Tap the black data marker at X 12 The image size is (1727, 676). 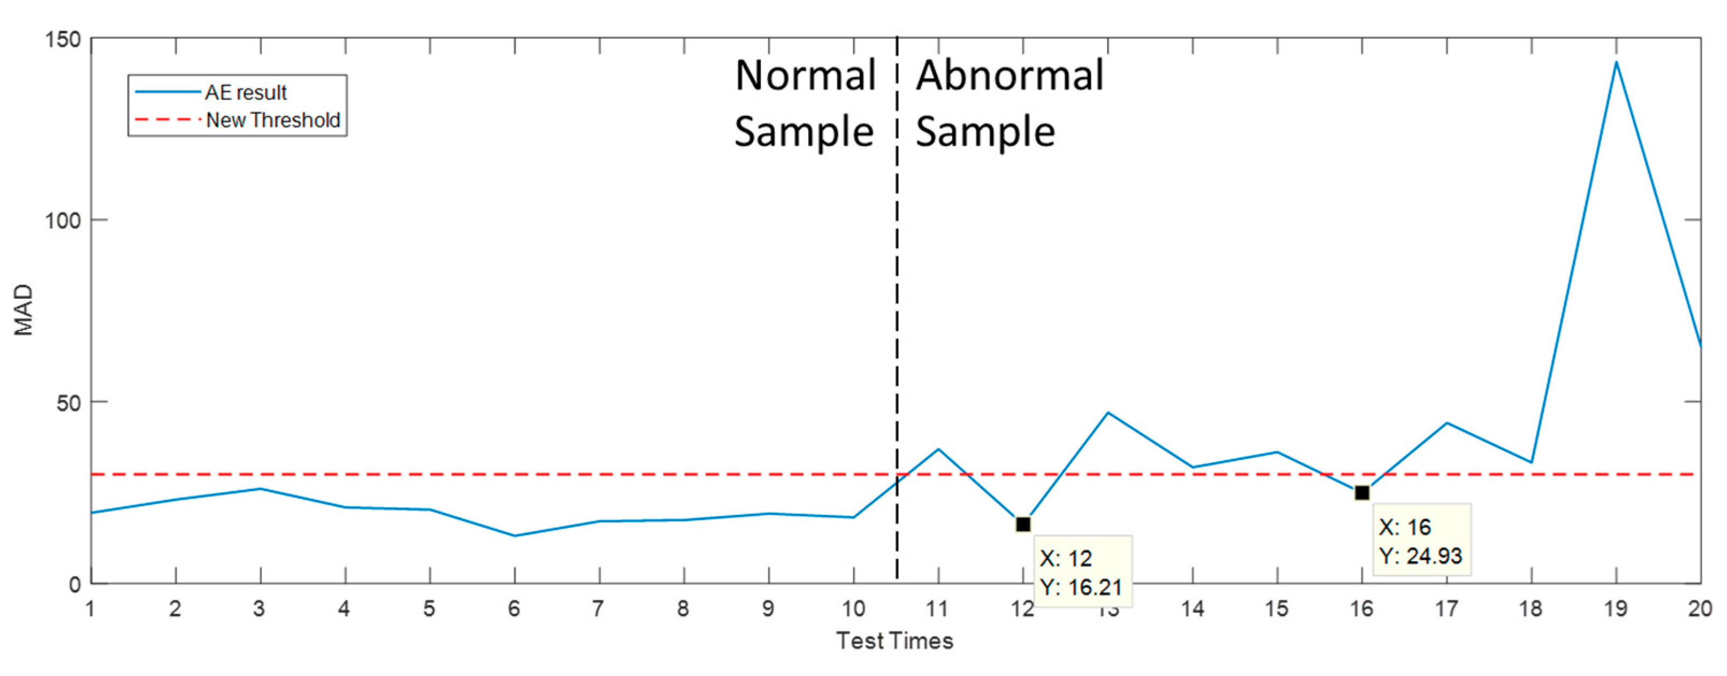click(1023, 524)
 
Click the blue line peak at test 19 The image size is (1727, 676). click(1616, 62)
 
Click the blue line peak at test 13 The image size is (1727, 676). click(1108, 413)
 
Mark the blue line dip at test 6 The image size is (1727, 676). click(514, 535)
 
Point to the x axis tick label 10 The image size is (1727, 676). click(853, 609)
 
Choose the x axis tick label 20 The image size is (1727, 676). click(1700, 609)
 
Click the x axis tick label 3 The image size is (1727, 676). click(260, 609)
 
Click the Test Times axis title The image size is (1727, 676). click(894, 641)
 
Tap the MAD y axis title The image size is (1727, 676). click(24, 310)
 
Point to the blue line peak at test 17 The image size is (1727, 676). click(1447, 423)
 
